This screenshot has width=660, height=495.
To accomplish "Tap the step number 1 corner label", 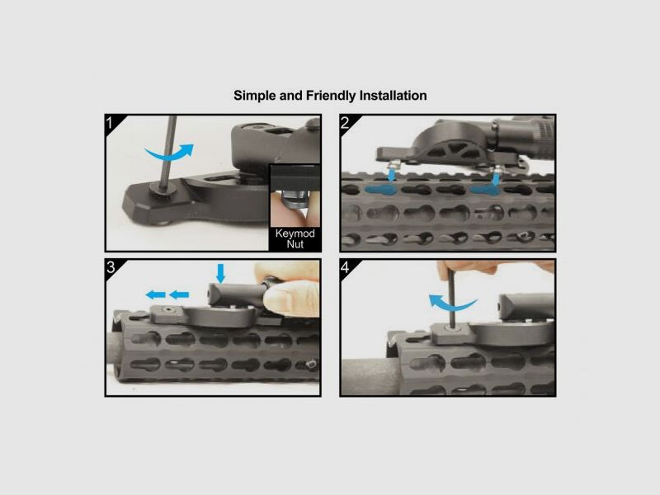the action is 111,123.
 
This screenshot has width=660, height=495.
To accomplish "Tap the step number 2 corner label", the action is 345,122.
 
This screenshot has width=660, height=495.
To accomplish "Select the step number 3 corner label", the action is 111,267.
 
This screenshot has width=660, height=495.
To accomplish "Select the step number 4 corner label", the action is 345,267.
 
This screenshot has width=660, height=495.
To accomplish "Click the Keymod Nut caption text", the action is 295,238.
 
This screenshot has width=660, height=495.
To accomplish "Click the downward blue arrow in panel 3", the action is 220,273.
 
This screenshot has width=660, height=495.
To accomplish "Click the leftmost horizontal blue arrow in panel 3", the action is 156,295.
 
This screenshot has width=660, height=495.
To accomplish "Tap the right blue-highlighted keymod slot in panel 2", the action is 484,190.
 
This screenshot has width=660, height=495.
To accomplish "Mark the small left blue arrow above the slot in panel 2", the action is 392,174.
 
